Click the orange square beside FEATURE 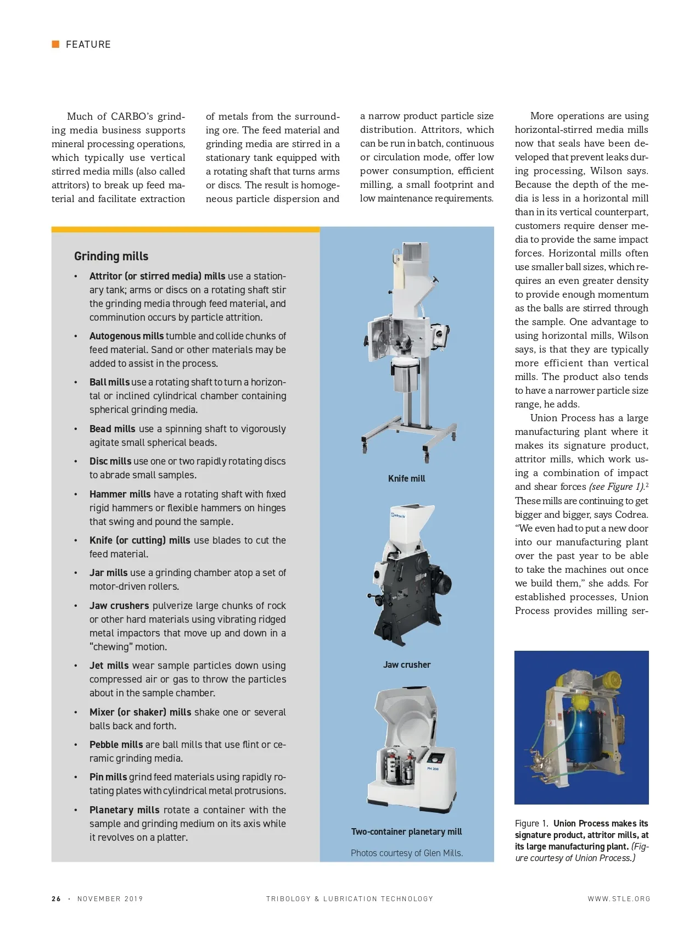tap(55, 44)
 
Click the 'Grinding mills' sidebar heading tap(111, 256)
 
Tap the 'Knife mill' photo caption tap(406, 479)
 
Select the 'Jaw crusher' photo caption tap(407, 665)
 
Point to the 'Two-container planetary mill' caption tap(406, 832)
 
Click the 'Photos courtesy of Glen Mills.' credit tap(407, 853)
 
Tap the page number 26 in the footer tap(56, 899)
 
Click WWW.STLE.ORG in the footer tap(619, 899)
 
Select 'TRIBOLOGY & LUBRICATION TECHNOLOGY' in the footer tap(350, 899)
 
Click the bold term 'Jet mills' tap(109, 666)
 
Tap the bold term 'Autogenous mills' tap(126, 336)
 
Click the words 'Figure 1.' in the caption tap(531, 824)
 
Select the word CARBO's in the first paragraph tap(132, 116)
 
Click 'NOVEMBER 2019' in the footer tap(110, 899)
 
